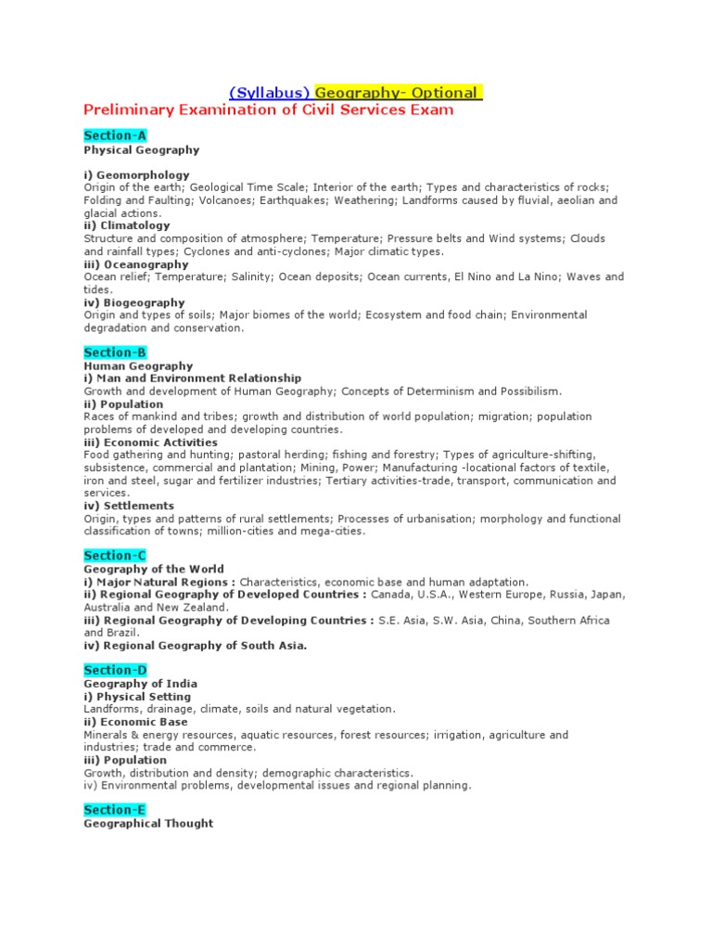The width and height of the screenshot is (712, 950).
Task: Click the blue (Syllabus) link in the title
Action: tap(270, 93)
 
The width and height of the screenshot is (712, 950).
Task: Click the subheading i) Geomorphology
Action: tap(136, 174)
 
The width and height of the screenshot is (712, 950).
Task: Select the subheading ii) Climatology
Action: tap(127, 225)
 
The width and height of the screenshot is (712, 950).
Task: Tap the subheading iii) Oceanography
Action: tap(135, 263)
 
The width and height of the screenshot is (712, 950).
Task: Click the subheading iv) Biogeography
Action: tap(134, 302)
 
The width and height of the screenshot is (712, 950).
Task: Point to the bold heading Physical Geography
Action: tap(141, 149)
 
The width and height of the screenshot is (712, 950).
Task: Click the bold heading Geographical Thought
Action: tap(148, 824)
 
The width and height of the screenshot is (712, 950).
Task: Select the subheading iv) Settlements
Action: tap(129, 506)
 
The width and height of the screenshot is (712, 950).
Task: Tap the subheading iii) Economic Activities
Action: tap(150, 443)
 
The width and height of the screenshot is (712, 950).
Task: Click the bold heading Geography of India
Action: tap(141, 684)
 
